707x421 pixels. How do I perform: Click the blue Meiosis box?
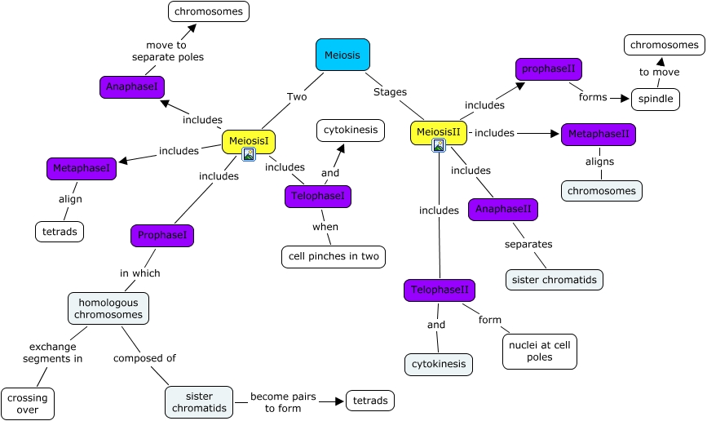point(342,55)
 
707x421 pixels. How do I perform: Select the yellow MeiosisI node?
point(249,140)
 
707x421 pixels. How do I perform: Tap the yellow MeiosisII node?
point(438,131)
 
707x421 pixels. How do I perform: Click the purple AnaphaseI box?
point(132,86)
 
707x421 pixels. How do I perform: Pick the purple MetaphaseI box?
point(81,168)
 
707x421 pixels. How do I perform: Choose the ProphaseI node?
point(162,235)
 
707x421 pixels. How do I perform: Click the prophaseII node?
point(549,69)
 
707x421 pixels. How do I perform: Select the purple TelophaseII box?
point(439,290)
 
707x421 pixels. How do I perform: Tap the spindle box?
point(655,99)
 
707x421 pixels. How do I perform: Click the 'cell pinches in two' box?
point(333,256)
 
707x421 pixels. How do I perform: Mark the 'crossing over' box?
point(28,403)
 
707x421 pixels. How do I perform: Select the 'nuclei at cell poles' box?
point(540,351)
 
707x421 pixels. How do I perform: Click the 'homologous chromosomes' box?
point(108,308)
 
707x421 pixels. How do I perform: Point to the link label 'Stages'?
point(390,91)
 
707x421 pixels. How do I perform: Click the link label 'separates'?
point(528,244)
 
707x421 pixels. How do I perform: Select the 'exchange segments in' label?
point(52,352)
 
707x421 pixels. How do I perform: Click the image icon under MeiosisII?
point(439,145)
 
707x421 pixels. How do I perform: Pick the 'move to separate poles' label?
point(167,51)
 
